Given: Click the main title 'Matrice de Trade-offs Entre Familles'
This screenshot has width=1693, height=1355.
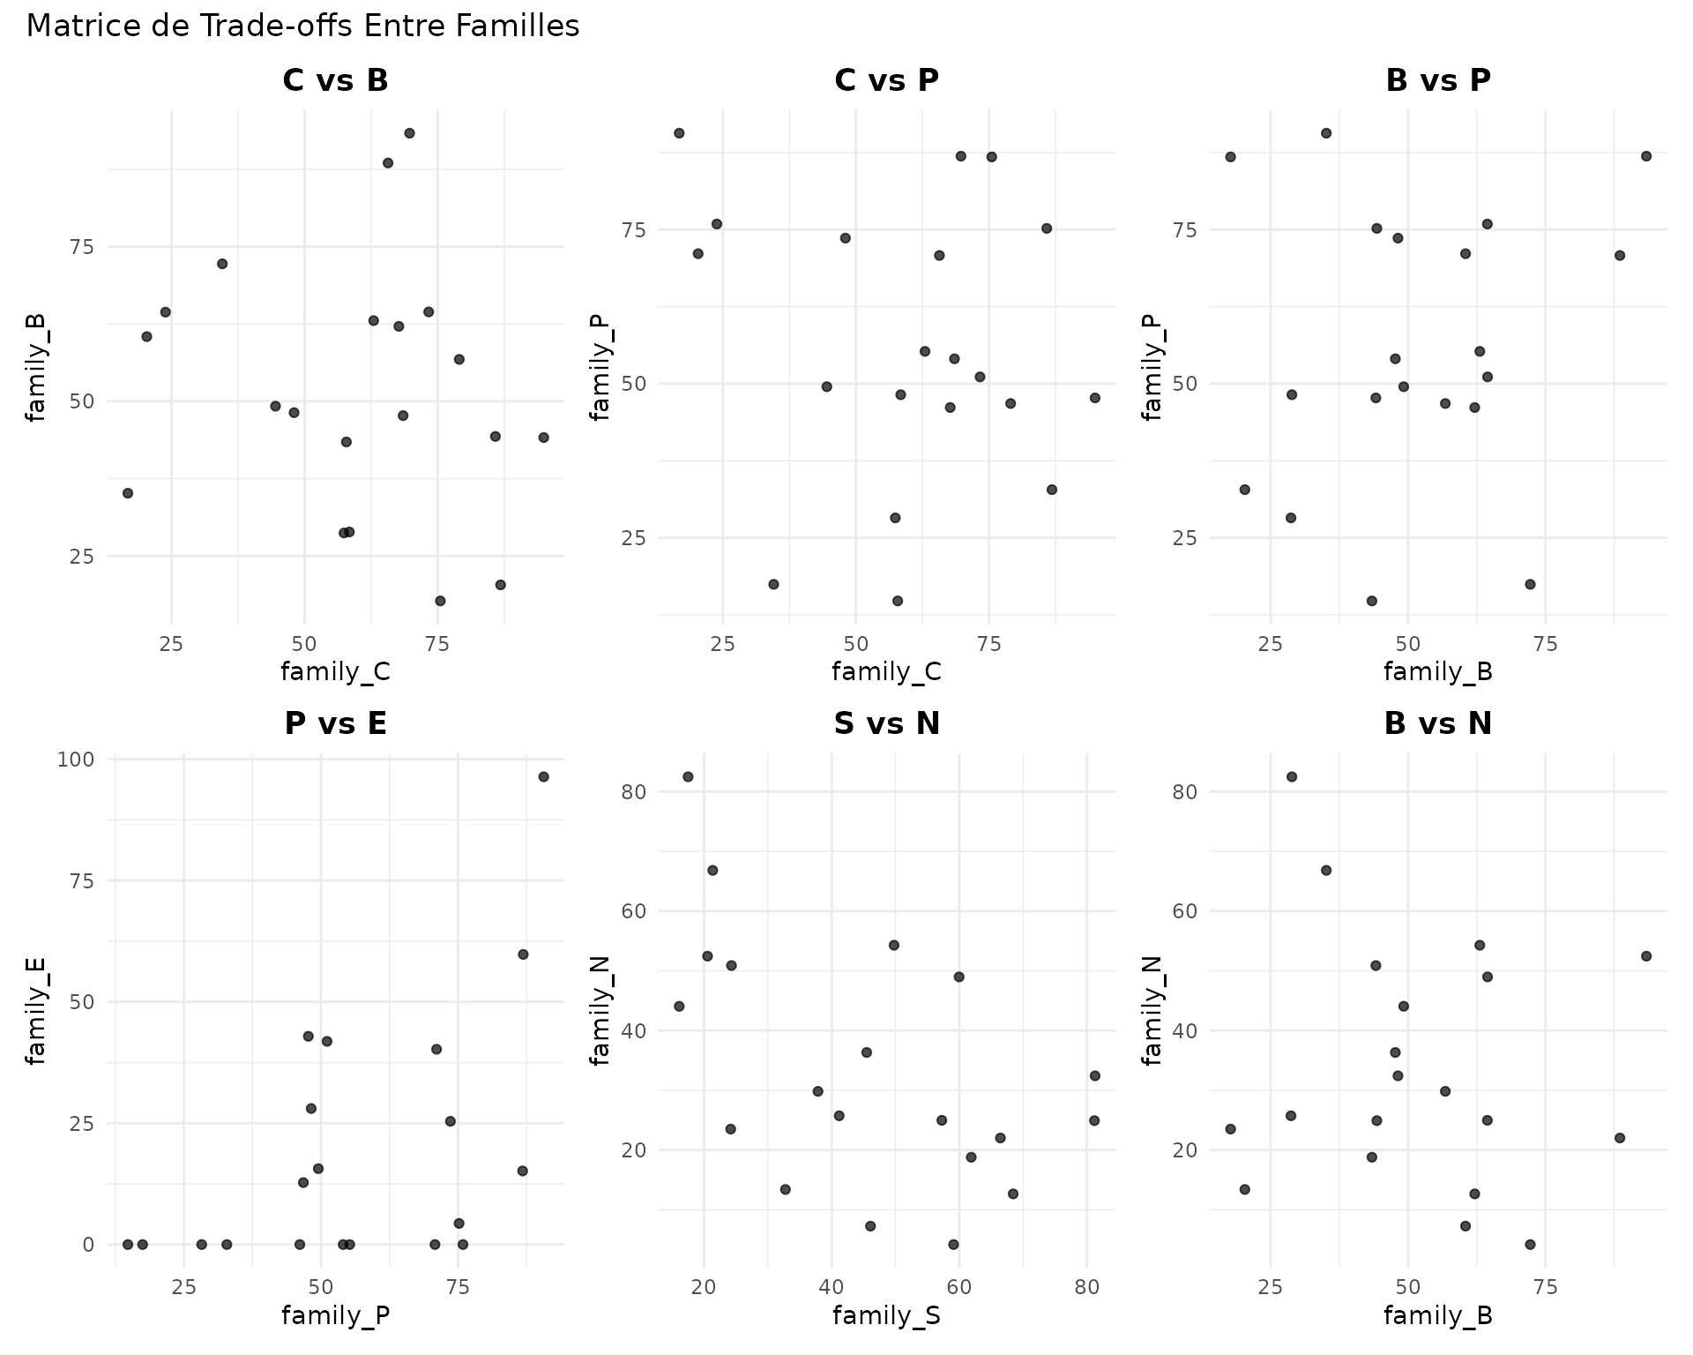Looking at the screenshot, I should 302,26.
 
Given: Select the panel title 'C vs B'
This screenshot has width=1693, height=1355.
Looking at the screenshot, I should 335,80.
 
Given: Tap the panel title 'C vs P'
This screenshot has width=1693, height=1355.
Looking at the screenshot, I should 886,80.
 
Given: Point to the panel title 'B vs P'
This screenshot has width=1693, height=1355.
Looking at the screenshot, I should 1437,80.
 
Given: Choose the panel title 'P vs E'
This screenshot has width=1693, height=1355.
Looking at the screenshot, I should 335,724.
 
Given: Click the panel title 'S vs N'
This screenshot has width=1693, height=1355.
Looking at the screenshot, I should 886,724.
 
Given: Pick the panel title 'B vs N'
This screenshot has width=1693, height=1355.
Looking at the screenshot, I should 1437,724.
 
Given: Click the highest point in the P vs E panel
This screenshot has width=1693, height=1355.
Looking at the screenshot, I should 543,776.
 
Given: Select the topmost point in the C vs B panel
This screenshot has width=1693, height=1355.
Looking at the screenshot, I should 409,133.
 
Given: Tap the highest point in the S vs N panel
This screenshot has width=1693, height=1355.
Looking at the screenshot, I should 688,776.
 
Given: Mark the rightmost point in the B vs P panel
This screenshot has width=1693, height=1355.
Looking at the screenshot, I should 1645,156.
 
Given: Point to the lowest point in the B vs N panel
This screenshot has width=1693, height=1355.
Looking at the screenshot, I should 1530,1244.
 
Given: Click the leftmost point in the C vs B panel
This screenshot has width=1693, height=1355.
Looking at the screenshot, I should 128,493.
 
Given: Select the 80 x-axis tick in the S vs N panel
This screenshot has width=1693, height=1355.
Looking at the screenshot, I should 1087,1287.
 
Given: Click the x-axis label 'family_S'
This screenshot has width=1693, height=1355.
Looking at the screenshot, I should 886,1316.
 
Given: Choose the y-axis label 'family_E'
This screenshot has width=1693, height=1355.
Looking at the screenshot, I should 35,1012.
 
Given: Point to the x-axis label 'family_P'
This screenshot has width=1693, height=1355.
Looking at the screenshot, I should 335,1316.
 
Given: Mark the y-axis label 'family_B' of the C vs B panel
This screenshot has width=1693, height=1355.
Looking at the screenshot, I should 35,368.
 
